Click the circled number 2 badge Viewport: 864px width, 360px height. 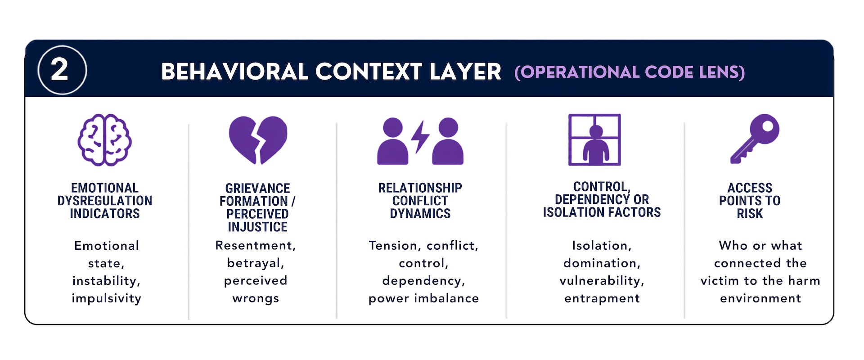tap(62, 70)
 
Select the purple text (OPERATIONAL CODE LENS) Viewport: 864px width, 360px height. tap(630, 72)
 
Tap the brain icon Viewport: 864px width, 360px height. tap(104, 140)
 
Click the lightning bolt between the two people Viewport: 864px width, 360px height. tap(421, 137)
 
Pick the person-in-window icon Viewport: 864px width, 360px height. tap(594, 139)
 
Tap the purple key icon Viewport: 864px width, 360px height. tap(755, 139)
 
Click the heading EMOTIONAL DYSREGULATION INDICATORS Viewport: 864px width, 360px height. tap(105, 201)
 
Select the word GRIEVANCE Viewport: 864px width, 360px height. tap(258, 188)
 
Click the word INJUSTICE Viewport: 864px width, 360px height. tap(258, 227)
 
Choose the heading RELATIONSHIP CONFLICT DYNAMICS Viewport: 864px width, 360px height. tap(420, 201)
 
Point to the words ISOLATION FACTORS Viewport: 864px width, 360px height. tap(602, 212)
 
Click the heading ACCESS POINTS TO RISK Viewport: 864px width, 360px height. tap(750, 201)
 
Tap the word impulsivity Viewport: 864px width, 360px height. tap(107, 299)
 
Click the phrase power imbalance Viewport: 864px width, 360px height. tap(424, 299)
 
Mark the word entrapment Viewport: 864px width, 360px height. tap(602, 299)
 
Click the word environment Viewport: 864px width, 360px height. tap(760, 299)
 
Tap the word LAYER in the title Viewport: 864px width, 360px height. tap(465, 72)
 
